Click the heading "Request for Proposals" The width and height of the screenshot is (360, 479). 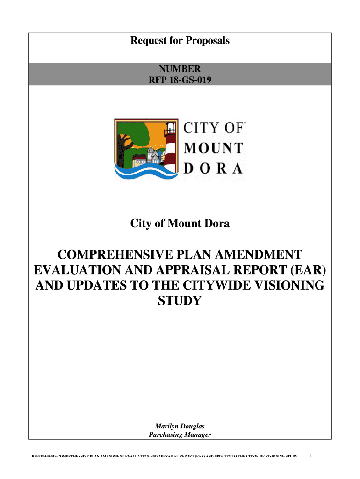point(180,41)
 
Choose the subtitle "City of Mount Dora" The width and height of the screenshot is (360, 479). point(180,225)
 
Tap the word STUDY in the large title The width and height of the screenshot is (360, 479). point(180,300)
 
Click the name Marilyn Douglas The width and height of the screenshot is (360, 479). point(180,426)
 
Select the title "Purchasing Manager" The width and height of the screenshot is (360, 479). point(180,435)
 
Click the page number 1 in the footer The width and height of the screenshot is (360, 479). point(312,455)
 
